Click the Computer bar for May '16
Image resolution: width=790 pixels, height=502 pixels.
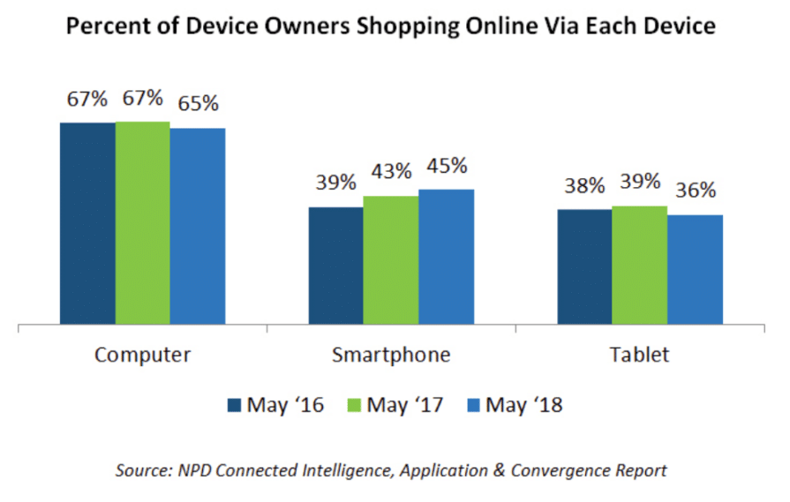87,223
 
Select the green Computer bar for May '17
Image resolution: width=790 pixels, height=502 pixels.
142,222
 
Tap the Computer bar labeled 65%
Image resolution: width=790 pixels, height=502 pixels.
198,226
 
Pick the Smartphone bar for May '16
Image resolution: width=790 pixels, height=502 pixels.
335,266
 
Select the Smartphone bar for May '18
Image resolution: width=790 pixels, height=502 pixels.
446,257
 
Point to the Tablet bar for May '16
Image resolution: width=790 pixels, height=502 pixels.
583,266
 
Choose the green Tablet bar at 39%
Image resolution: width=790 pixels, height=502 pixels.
639,265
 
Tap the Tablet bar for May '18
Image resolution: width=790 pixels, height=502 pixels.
695,269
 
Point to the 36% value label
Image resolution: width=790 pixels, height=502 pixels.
695,191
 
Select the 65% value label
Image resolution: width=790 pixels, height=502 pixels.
198,103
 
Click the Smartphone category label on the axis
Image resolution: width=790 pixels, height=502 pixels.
391,356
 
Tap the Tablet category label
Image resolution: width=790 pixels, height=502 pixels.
639,356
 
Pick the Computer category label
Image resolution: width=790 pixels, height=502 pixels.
142,356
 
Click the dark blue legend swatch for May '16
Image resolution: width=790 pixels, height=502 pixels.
234,406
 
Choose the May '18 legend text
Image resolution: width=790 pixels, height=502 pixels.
526,406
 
